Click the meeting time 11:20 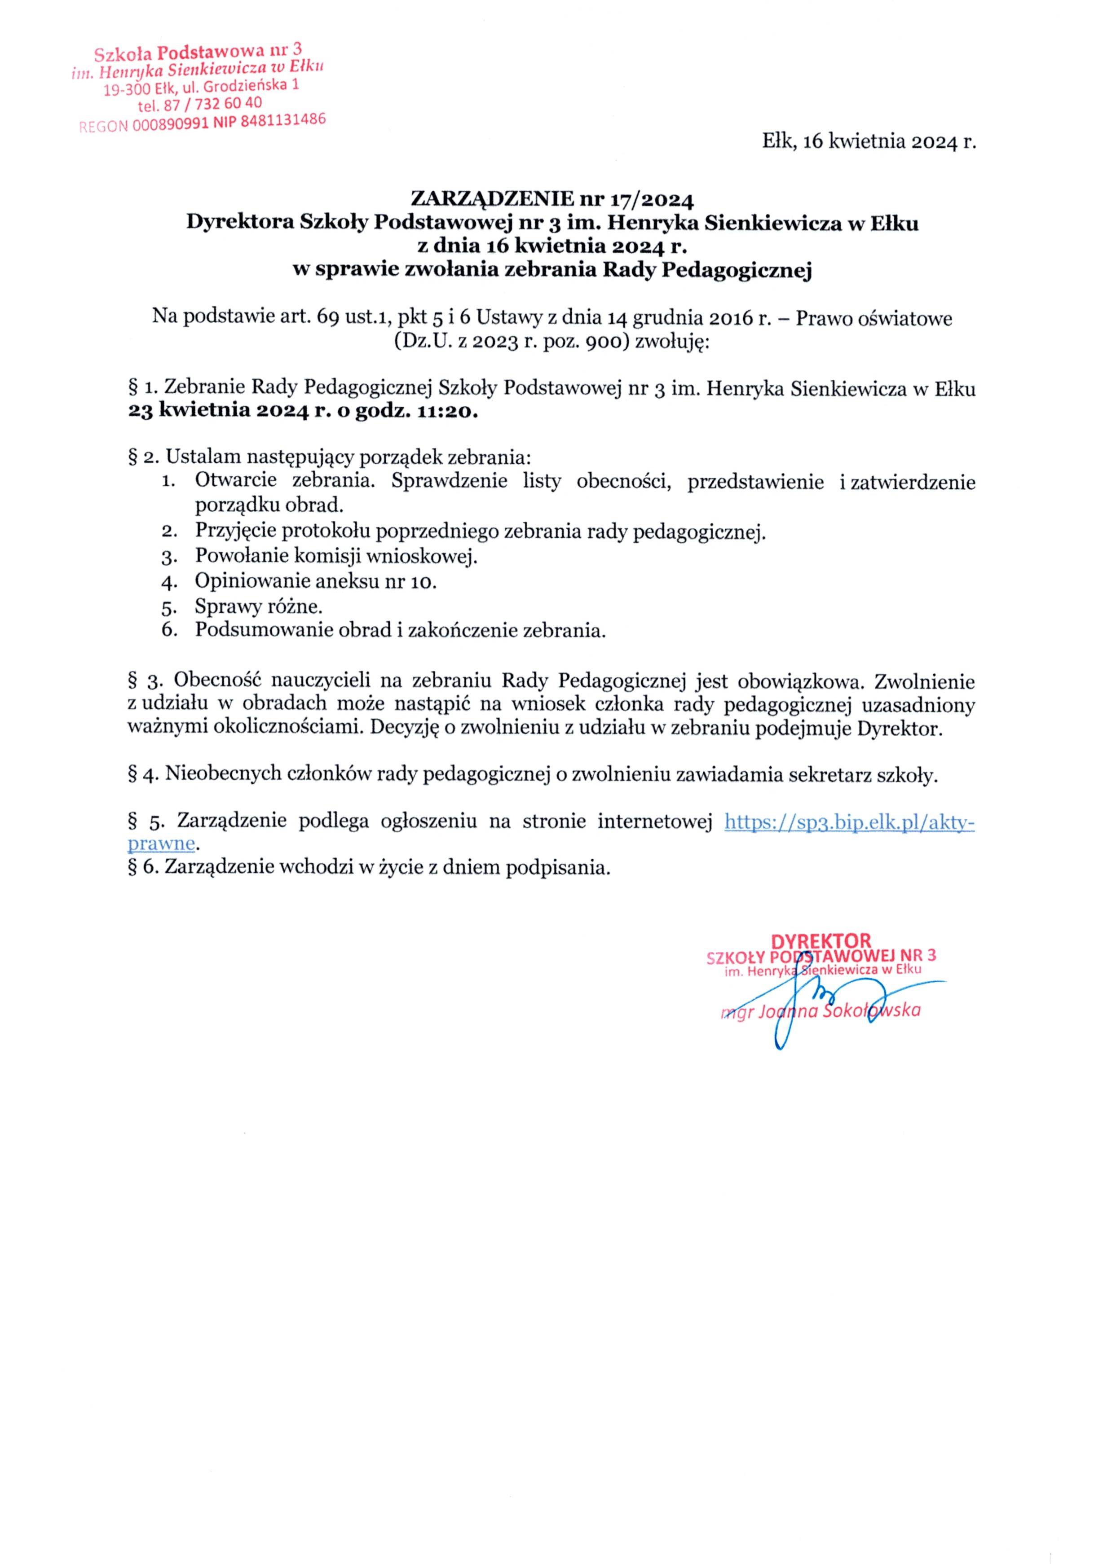coord(446,413)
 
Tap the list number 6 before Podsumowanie coord(168,630)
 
